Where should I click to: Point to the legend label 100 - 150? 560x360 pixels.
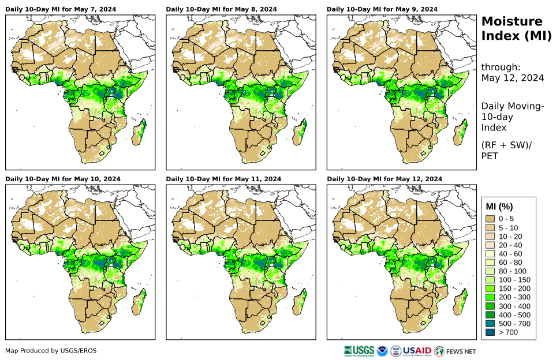coord(513,280)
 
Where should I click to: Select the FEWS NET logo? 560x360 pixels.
coord(456,350)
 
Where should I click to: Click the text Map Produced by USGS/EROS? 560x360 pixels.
coord(51,351)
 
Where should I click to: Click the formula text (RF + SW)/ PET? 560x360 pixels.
coord(506,150)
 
